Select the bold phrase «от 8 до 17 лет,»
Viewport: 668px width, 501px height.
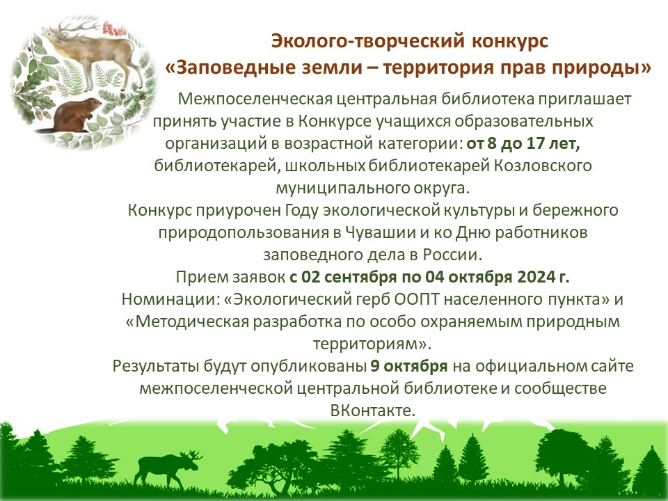point(523,143)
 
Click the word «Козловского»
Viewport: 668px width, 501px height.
point(543,166)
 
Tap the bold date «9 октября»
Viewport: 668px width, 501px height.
point(409,366)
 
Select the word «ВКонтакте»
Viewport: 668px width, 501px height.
point(372,411)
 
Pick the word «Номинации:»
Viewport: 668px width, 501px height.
point(170,299)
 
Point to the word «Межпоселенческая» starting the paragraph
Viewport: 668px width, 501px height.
point(255,99)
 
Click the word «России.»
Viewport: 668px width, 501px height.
point(452,255)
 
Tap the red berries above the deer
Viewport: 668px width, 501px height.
point(114,29)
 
